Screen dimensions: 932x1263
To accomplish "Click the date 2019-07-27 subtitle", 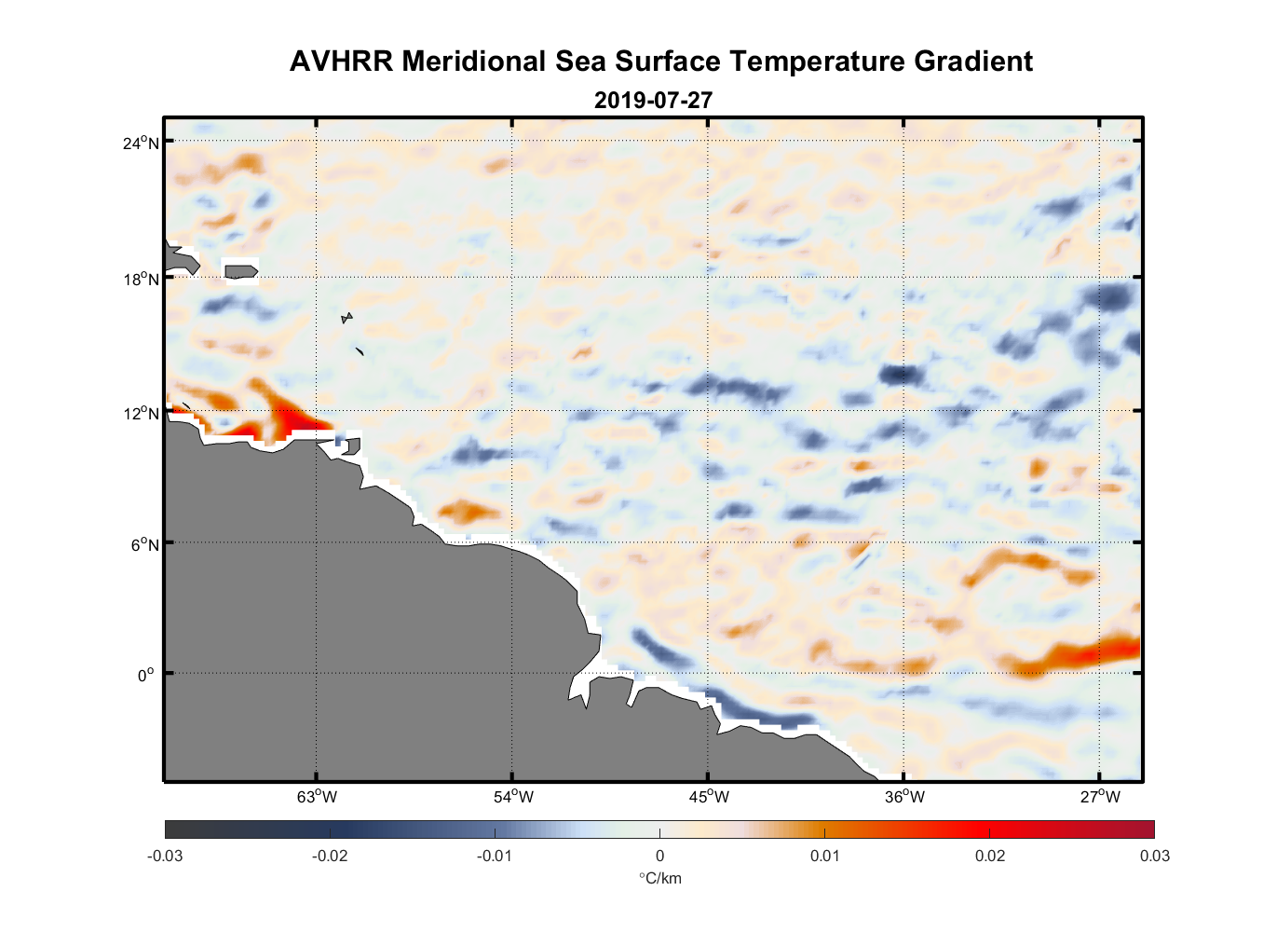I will click(x=653, y=100).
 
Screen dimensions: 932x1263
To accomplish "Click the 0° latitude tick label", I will click(x=146, y=675).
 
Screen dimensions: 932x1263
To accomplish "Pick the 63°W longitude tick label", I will click(x=317, y=797).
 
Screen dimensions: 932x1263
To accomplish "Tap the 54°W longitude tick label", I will click(x=513, y=797).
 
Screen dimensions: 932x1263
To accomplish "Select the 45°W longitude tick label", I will click(x=709, y=797).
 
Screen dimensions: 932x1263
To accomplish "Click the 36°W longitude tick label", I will click(x=904, y=797).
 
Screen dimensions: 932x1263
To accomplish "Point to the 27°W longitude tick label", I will click(x=1100, y=797).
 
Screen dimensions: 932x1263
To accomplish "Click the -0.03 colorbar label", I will click(x=165, y=856).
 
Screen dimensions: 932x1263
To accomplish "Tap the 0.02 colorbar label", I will click(x=990, y=856).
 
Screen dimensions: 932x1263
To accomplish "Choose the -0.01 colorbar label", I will click(x=495, y=856).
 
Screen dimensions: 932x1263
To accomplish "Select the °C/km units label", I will click(x=659, y=878).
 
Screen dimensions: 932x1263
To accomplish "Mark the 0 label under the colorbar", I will click(x=659, y=856).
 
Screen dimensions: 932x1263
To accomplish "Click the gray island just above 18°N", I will click(x=241, y=271).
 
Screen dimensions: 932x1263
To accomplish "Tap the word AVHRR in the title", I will click(x=342, y=62).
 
